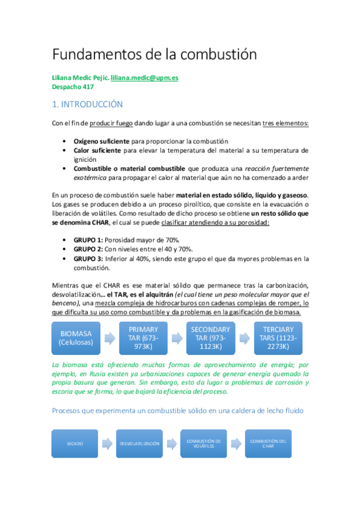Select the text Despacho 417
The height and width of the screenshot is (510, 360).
point(73,87)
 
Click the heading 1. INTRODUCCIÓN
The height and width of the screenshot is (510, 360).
point(88,105)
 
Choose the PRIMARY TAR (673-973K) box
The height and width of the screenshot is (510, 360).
point(144,338)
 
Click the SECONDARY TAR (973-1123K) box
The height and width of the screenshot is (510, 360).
point(210,338)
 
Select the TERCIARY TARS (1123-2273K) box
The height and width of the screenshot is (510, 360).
point(278,338)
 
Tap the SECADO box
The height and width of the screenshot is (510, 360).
point(76,443)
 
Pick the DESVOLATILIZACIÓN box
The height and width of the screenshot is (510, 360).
point(139,443)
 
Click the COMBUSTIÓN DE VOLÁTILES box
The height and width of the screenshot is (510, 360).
point(203,443)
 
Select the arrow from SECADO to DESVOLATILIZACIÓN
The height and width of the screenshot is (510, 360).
point(107,444)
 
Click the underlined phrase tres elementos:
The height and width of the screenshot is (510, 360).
point(286,123)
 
